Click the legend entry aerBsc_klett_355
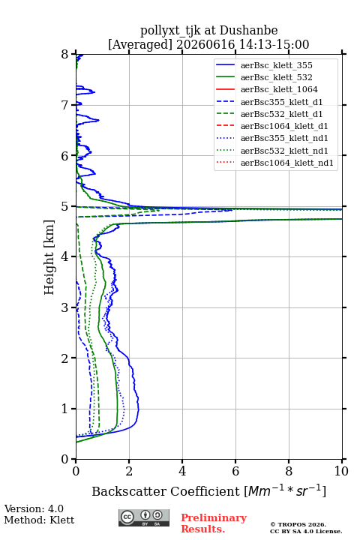pyautogui.click(x=276, y=65)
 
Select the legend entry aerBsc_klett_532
pyautogui.click(x=276, y=77)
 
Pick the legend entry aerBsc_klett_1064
pyautogui.click(x=279, y=89)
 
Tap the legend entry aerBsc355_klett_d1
pyautogui.click(x=281, y=102)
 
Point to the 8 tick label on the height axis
pyautogui.click(x=65, y=55)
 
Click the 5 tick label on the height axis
pyautogui.click(x=65, y=207)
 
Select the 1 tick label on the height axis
pyautogui.click(x=65, y=409)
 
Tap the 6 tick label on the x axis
pyautogui.click(x=235, y=471)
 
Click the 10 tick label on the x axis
pyautogui.click(x=342, y=471)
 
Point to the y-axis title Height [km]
pyautogui.click(x=49, y=257)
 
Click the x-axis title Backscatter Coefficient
pyautogui.click(x=166, y=491)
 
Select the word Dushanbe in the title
pyautogui.click(x=249, y=30)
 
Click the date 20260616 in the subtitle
pyautogui.click(x=205, y=44)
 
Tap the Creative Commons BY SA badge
pyautogui.click(x=144, y=517)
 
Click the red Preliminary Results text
pyautogui.click(x=214, y=523)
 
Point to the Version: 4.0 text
pyautogui.click(x=34, y=508)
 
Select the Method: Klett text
pyautogui.click(x=39, y=520)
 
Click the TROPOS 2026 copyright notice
pyautogui.click(x=298, y=524)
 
